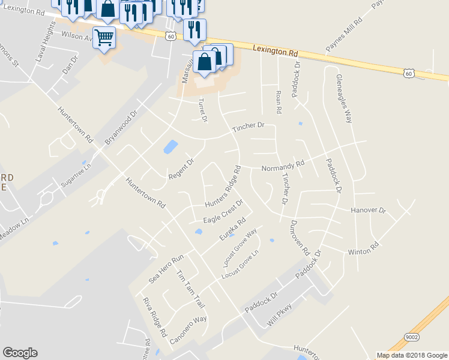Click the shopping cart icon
104,38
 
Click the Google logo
20,353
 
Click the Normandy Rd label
283,166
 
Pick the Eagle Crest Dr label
222,212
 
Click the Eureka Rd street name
233,230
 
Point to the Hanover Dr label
368,211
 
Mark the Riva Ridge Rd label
154,316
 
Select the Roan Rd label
278,102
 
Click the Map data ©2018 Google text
411,355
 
